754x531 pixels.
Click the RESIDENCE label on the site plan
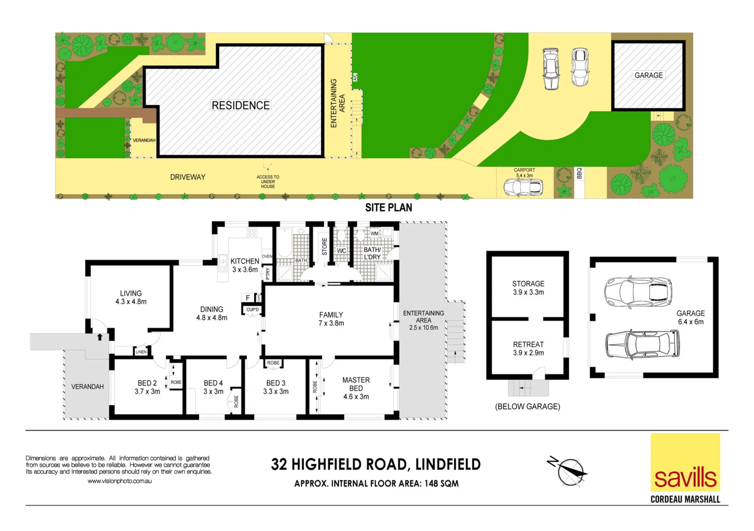pyautogui.click(x=240, y=105)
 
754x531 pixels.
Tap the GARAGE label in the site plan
pyautogui.click(x=648, y=75)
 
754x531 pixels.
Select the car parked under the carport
pyautogui.click(x=523, y=187)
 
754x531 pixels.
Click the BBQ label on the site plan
pyautogui.click(x=579, y=174)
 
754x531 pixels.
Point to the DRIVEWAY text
pyautogui.click(x=188, y=177)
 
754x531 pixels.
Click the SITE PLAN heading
pyautogui.click(x=389, y=207)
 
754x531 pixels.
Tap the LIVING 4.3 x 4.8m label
pyautogui.click(x=131, y=297)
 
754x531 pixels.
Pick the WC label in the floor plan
pyautogui.click(x=341, y=251)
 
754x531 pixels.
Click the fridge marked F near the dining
pyautogui.click(x=248, y=297)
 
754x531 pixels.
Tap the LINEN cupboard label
pyautogui.click(x=141, y=352)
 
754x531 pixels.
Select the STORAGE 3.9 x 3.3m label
pyautogui.click(x=528, y=288)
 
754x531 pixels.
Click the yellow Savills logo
pyautogui.click(x=685, y=462)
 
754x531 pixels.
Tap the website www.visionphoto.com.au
pyautogui.click(x=119, y=481)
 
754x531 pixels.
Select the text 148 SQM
pyautogui.click(x=441, y=484)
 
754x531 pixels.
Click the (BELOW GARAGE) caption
pyautogui.click(x=528, y=407)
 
